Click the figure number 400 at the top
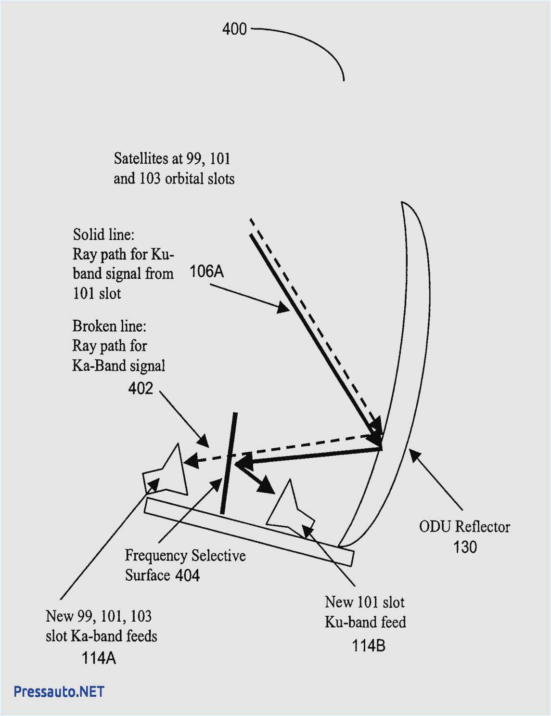point(234,29)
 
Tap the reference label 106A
point(206,272)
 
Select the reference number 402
point(141,388)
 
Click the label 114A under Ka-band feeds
point(99,658)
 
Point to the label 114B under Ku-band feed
point(368,646)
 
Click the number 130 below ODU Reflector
point(464,547)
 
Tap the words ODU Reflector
point(464,527)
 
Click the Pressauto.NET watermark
point(59,691)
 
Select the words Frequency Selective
point(185,556)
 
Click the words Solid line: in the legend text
point(103,234)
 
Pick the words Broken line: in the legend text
point(109,326)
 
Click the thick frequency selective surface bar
point(229,463)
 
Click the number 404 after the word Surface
point(187,575)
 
